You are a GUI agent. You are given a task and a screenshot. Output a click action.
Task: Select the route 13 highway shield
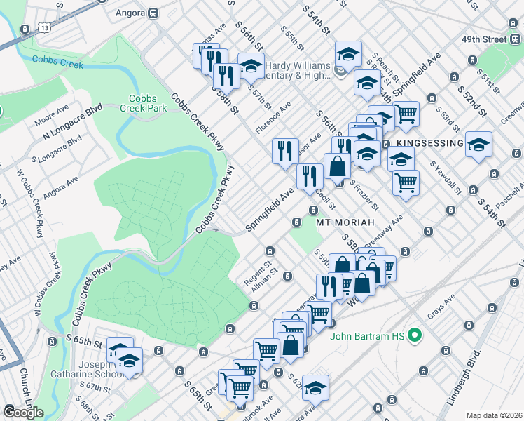[x=44, y=27]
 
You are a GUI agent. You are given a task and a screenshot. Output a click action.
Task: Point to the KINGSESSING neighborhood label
[x=429, y=143]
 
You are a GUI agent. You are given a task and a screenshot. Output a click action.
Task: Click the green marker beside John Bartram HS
[x=413, y=336]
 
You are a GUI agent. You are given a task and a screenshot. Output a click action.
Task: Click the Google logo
[x=23, y=412]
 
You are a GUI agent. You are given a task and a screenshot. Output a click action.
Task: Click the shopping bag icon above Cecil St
[x=338, y=166]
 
